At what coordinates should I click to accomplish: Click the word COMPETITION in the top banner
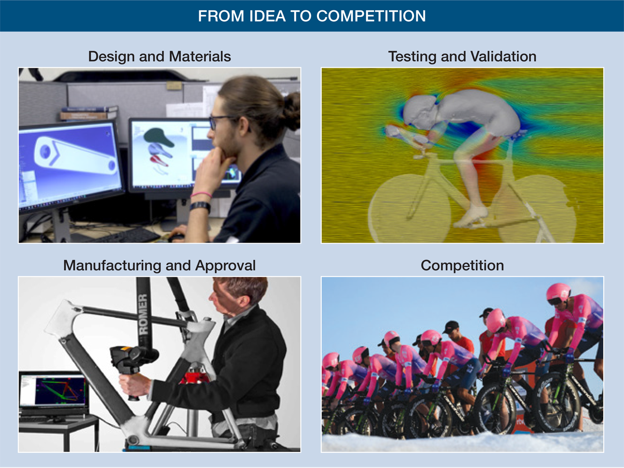coord(371,16)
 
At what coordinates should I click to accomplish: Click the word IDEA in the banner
coord(267,16)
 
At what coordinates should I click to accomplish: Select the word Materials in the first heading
coord(200,57)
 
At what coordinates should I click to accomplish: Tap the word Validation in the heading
coord(503,57)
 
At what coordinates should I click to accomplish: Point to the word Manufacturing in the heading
coord(112,265)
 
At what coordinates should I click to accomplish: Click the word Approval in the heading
coord(225,266)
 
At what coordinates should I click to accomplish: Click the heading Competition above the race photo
coord(462,266)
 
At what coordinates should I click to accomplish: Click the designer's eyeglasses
coord(225,122)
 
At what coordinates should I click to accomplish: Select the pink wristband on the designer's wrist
coord(201,194)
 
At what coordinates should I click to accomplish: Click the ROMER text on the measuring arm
coord(143,314)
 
